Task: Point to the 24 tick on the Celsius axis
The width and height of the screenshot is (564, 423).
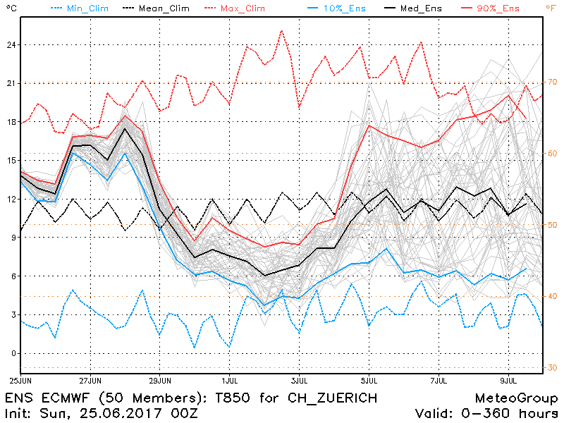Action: click(11, 44)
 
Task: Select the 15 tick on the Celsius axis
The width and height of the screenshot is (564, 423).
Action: click(11, 160)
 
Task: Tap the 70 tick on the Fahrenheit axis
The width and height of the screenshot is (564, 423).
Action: click(551, 82)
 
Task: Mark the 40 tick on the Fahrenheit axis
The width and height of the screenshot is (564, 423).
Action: click(551, 296)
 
